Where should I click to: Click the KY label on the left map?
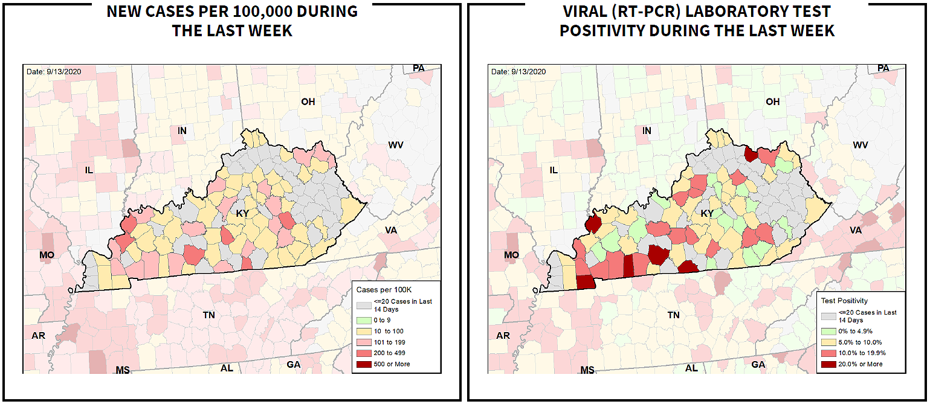point(242,213)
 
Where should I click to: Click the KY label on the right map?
point(707,213)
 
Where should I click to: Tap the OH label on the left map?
point(308,101)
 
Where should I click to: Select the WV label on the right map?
point(860,145)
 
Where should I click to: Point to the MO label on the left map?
point(47,255)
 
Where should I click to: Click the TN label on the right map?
point(673,315)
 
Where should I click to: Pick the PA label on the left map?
point(419,68)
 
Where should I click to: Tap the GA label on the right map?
point(758,364)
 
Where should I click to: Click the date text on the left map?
point(54,72)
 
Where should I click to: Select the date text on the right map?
point(518,72)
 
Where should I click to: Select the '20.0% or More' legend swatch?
point(828,364)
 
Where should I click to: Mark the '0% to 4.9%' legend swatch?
point(828,332)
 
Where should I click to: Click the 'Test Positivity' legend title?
point(844,300)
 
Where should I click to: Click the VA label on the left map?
point(391,229)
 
